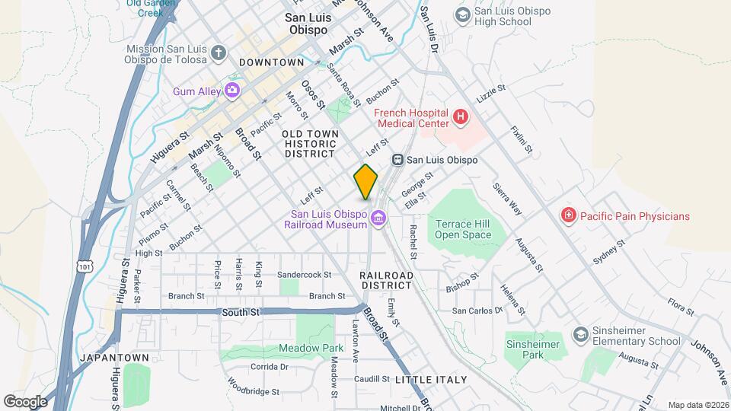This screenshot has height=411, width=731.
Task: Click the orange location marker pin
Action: (365, 182)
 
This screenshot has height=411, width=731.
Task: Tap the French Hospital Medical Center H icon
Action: (460, 117)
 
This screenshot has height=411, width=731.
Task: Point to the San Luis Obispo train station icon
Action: (397, 160)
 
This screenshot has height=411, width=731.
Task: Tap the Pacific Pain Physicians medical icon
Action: (568, 216)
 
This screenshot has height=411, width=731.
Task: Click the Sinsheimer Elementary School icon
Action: (581, 335)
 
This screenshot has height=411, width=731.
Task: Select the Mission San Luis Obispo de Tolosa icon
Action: (219, 53)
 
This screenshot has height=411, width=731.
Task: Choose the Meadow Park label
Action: (305, 348)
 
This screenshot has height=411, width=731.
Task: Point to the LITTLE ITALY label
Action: (431, 379)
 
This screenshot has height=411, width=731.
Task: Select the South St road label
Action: (241, 312)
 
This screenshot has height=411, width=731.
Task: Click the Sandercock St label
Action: (305, 274)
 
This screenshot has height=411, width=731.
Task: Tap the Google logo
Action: (25, 401)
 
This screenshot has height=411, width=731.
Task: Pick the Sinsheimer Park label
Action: (533, 350)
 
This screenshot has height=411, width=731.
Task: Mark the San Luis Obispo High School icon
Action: (462, 15)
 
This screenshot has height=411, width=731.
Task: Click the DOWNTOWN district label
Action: (271, 62)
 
